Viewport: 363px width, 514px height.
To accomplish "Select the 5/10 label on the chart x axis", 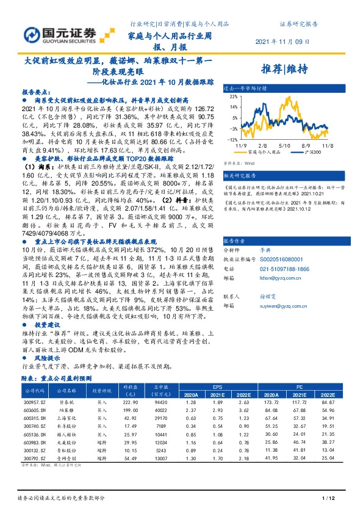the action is point(283,146).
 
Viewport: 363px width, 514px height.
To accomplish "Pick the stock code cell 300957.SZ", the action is point(32,402).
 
